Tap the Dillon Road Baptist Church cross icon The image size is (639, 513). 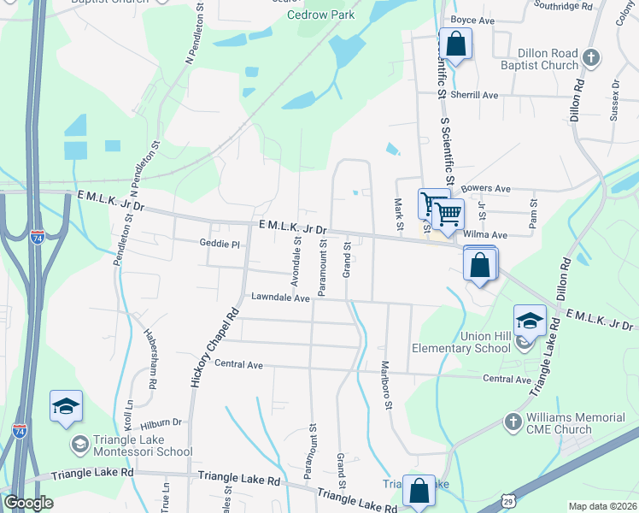point(590,59)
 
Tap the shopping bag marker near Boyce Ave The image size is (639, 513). point(456,44)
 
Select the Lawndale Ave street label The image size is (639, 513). point(280,298)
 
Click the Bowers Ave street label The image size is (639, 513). point(485,188)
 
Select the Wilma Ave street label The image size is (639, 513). point(485,233)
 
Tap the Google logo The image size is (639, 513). point(29,503)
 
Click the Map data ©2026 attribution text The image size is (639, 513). point(602,506)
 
